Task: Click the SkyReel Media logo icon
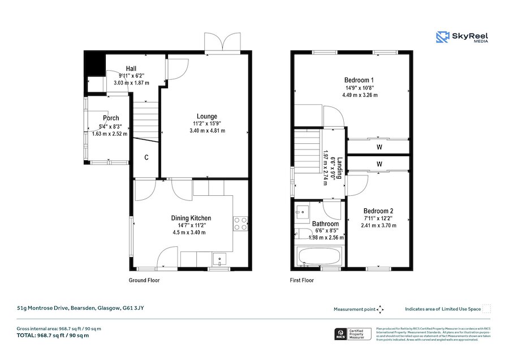coord(442,37)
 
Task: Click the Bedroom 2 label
coord(378,211)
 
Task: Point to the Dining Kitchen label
coord(191,218)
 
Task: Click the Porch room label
coord(111,118)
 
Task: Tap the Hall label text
coord(131,68)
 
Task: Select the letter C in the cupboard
coord(146,157)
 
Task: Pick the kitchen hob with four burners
coord(240,224)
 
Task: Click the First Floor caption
coord(302,280)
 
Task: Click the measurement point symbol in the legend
coord(381,309)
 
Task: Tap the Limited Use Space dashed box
coord(486,308)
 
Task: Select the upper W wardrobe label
coord(378,146)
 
